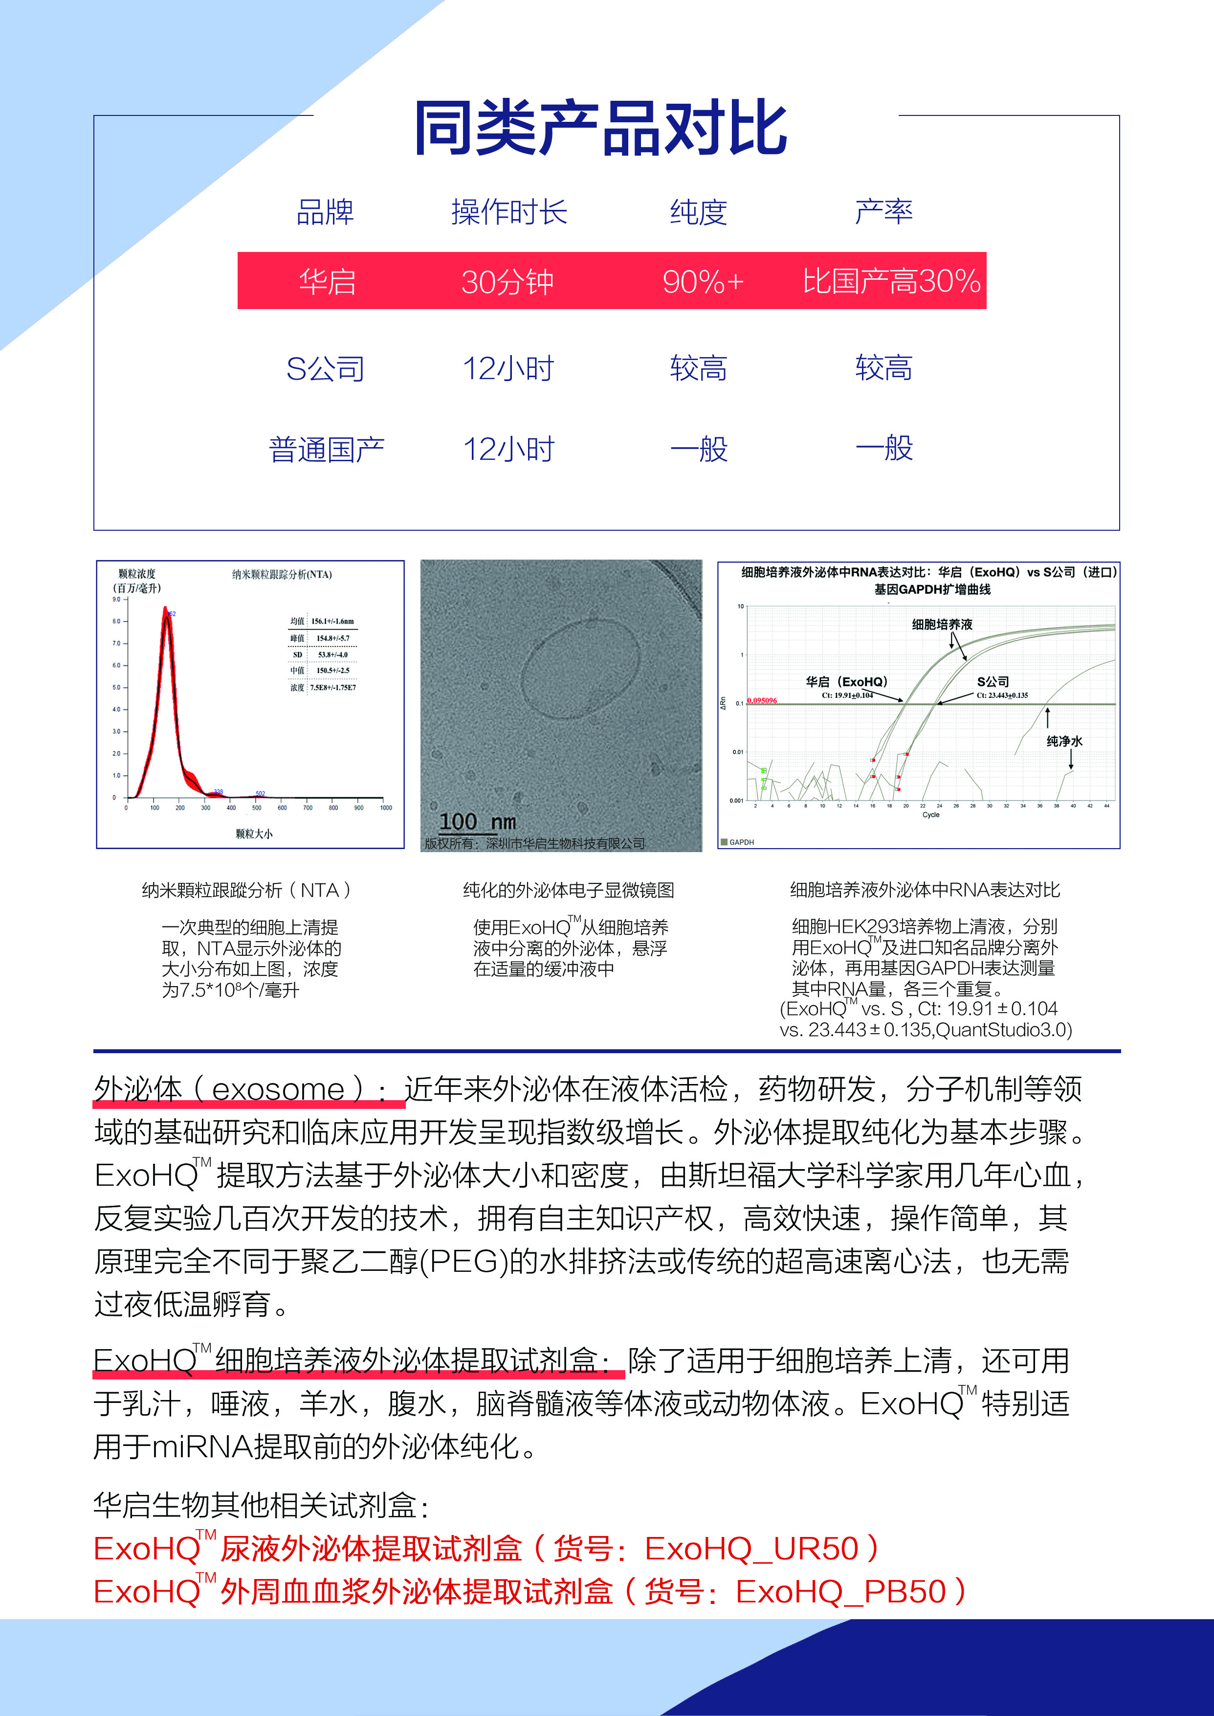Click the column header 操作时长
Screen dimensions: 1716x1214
click(x=509, y=212)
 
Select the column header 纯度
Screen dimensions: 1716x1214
click(x=698, y=212)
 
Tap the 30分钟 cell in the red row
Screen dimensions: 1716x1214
click(x=507, y=282)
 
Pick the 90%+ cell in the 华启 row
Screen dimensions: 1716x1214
click(x=703, y=282)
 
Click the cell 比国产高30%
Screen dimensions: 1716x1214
click(x=891, y=282)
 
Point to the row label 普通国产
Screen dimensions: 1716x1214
click(x=326, y=450)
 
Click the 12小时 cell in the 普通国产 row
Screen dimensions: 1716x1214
click(x=508, y=450)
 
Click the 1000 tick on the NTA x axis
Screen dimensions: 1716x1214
click(x=386, y=808)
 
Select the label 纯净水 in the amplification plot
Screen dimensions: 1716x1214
click(x=1064, y=741)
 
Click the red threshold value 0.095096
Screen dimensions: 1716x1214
click(x=762, y=700)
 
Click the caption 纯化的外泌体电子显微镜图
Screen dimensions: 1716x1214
click(x=568, y=890)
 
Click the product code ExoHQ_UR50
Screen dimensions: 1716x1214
click(x=751, y=1549)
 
